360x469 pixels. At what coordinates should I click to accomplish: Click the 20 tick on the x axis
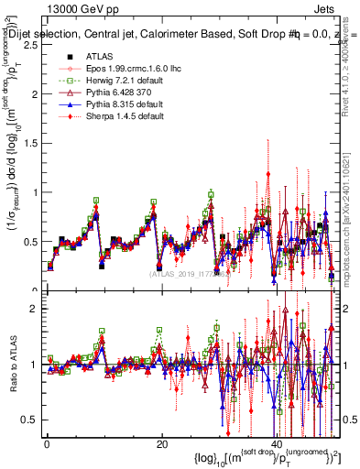(161, 443)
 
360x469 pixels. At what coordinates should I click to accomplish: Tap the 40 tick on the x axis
(276, 443)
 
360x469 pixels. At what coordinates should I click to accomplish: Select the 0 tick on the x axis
(46, 443)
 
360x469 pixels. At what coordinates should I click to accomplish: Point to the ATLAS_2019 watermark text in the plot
(188, 273)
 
